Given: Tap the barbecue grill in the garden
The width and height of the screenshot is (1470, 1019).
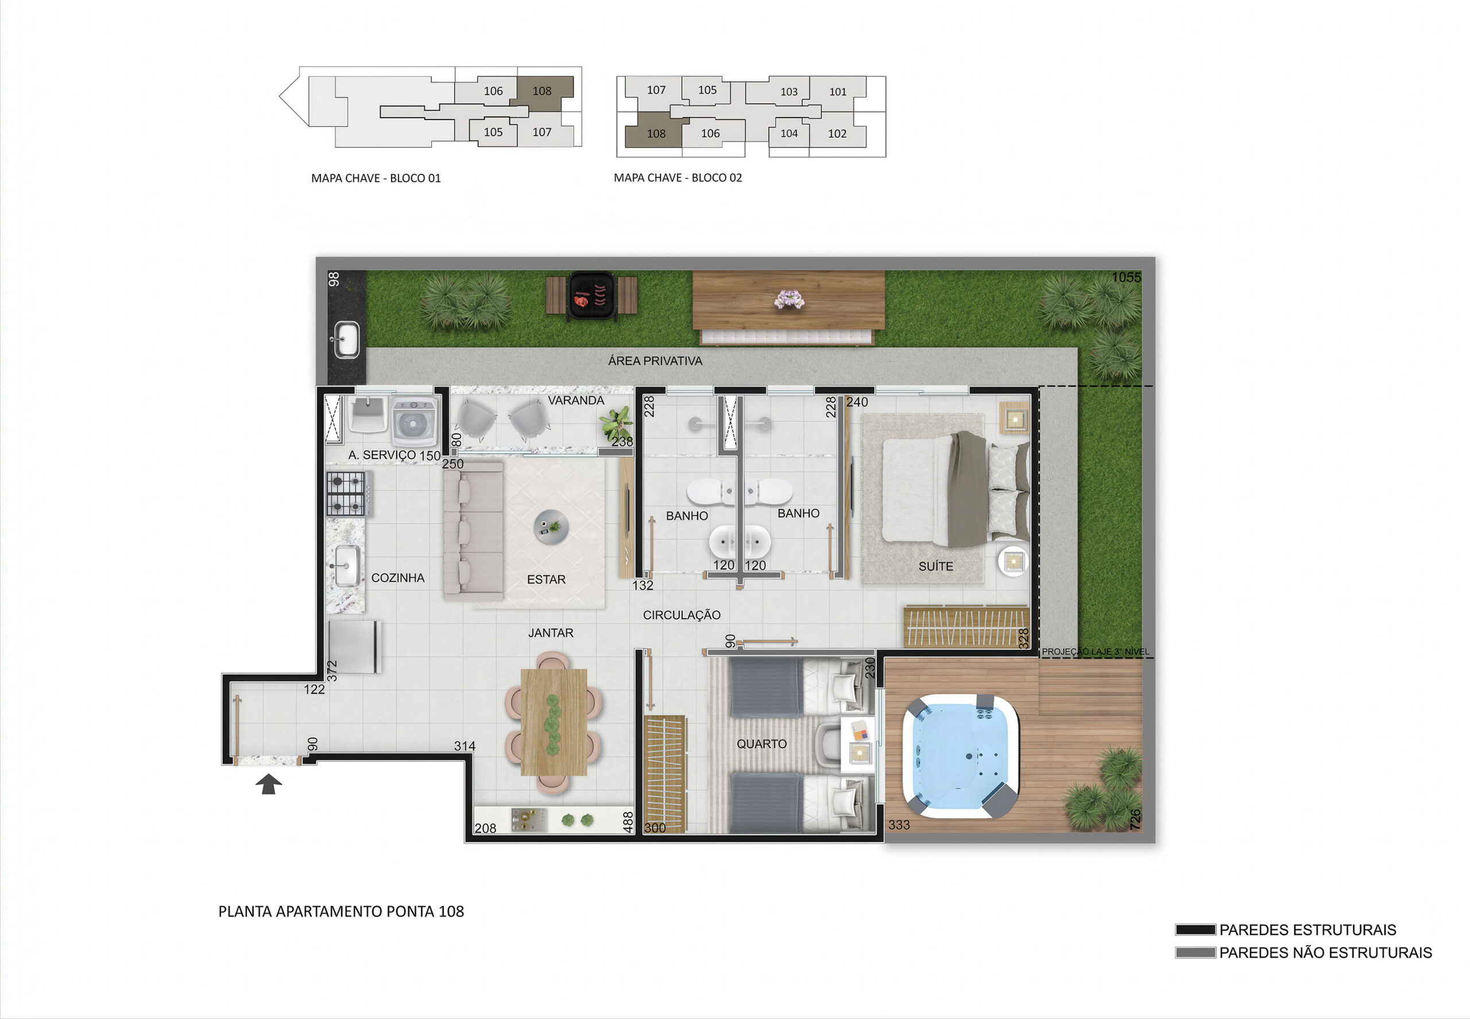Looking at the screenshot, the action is (x=591, y=296).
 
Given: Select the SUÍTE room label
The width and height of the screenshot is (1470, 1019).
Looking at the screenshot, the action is (x=935, y=566).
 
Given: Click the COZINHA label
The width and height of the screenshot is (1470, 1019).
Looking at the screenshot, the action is (x=398, y=578).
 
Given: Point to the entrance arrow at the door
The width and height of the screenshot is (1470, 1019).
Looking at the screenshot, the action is (x=269, y=784).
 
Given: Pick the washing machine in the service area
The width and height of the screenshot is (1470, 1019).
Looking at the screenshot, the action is (x=415, y=421).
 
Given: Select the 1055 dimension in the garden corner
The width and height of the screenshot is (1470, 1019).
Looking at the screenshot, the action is (x=1126, y=277).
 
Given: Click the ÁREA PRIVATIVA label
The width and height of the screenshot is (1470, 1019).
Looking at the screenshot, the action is (x=655, y=361).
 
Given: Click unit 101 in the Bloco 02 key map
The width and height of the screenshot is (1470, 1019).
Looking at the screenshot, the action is (x=838, y=91).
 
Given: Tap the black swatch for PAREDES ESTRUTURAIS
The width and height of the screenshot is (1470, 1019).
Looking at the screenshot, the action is (x=1196, y=929).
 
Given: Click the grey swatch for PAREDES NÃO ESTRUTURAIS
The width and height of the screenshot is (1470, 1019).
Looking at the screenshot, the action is (x=1196, y=952).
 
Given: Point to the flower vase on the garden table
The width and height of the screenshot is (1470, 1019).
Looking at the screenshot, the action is (x=790, y=299).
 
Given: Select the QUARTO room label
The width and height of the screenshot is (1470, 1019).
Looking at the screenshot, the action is (x=761, y=744).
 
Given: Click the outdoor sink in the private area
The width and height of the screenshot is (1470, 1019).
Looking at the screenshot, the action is (x=347, y=340).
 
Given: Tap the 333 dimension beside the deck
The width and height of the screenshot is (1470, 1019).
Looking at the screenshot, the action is (x=899, y=825).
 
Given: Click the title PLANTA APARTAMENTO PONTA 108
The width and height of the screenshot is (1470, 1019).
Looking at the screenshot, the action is (x=341, y=911).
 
